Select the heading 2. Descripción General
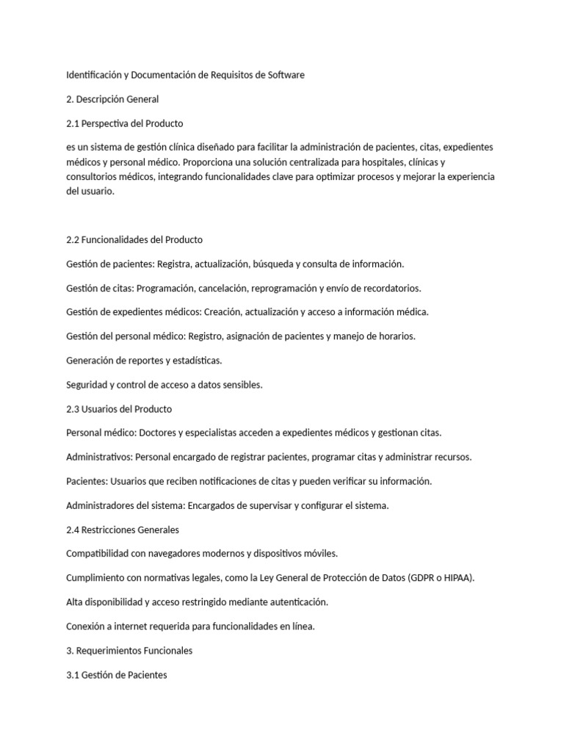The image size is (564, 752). (x=112, y=98)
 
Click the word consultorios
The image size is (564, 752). (x=94, y=177)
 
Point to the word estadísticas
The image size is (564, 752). (x=194, y=360)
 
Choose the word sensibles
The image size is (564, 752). (x=239, y=384)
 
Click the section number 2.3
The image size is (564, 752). (x=73, y=408)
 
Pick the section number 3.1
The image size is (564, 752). (x=73, y=674)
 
